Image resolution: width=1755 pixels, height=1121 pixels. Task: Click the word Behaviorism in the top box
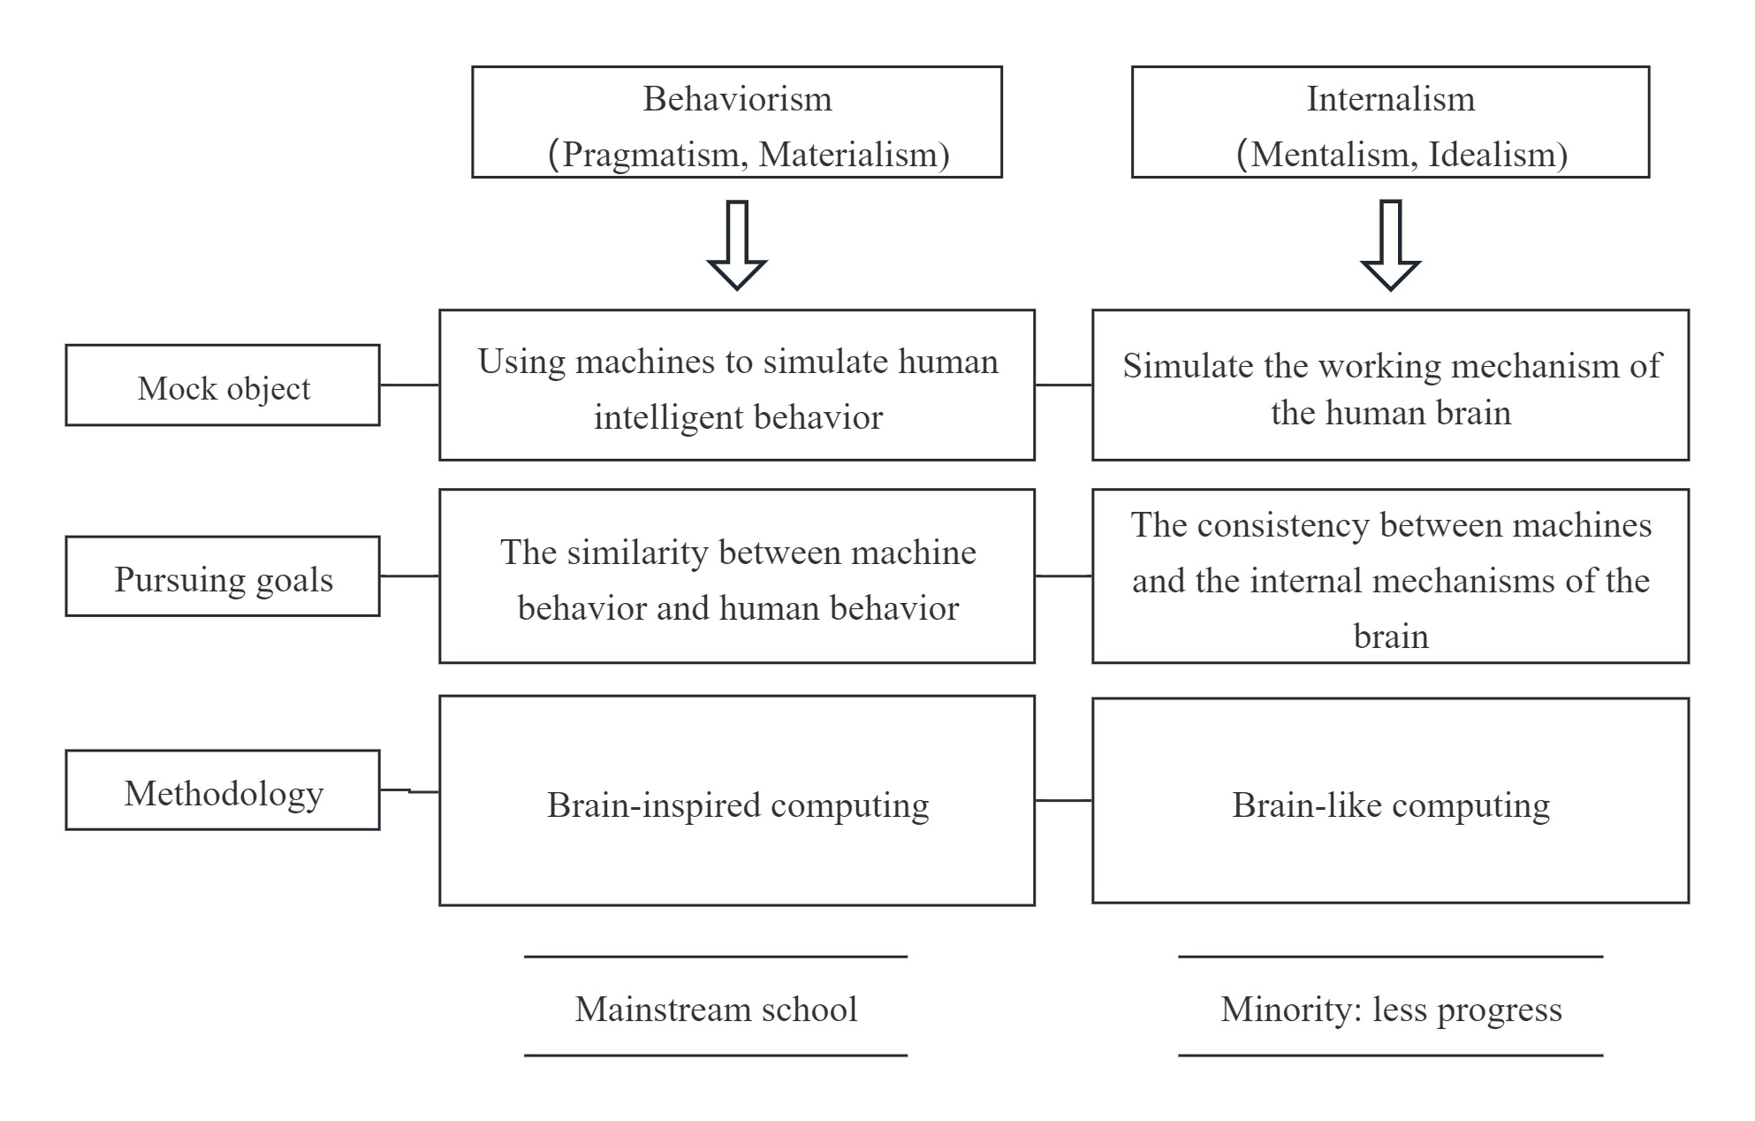(737, 99)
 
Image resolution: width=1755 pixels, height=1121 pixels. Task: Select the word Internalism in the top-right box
(1390, 99)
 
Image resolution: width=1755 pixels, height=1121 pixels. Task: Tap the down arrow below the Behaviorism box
(737, 246)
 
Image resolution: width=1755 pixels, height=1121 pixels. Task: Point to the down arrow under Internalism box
(1390, 246)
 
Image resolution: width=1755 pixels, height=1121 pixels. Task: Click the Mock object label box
(223, 386)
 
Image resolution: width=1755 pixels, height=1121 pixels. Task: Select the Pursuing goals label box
(223, 577)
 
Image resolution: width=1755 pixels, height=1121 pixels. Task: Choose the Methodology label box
(223, 791)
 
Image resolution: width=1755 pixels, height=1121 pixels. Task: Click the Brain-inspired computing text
(737, 805)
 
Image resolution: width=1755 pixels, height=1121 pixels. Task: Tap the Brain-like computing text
(1390, 805)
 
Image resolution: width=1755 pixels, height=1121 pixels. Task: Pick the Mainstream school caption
(716, 1010)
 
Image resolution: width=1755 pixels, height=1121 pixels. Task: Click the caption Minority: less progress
(1390, 1010)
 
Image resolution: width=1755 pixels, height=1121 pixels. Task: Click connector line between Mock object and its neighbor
(409, 385)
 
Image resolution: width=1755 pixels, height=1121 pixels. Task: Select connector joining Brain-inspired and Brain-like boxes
(1063, 800)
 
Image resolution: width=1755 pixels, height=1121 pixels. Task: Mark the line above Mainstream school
(716, 957)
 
